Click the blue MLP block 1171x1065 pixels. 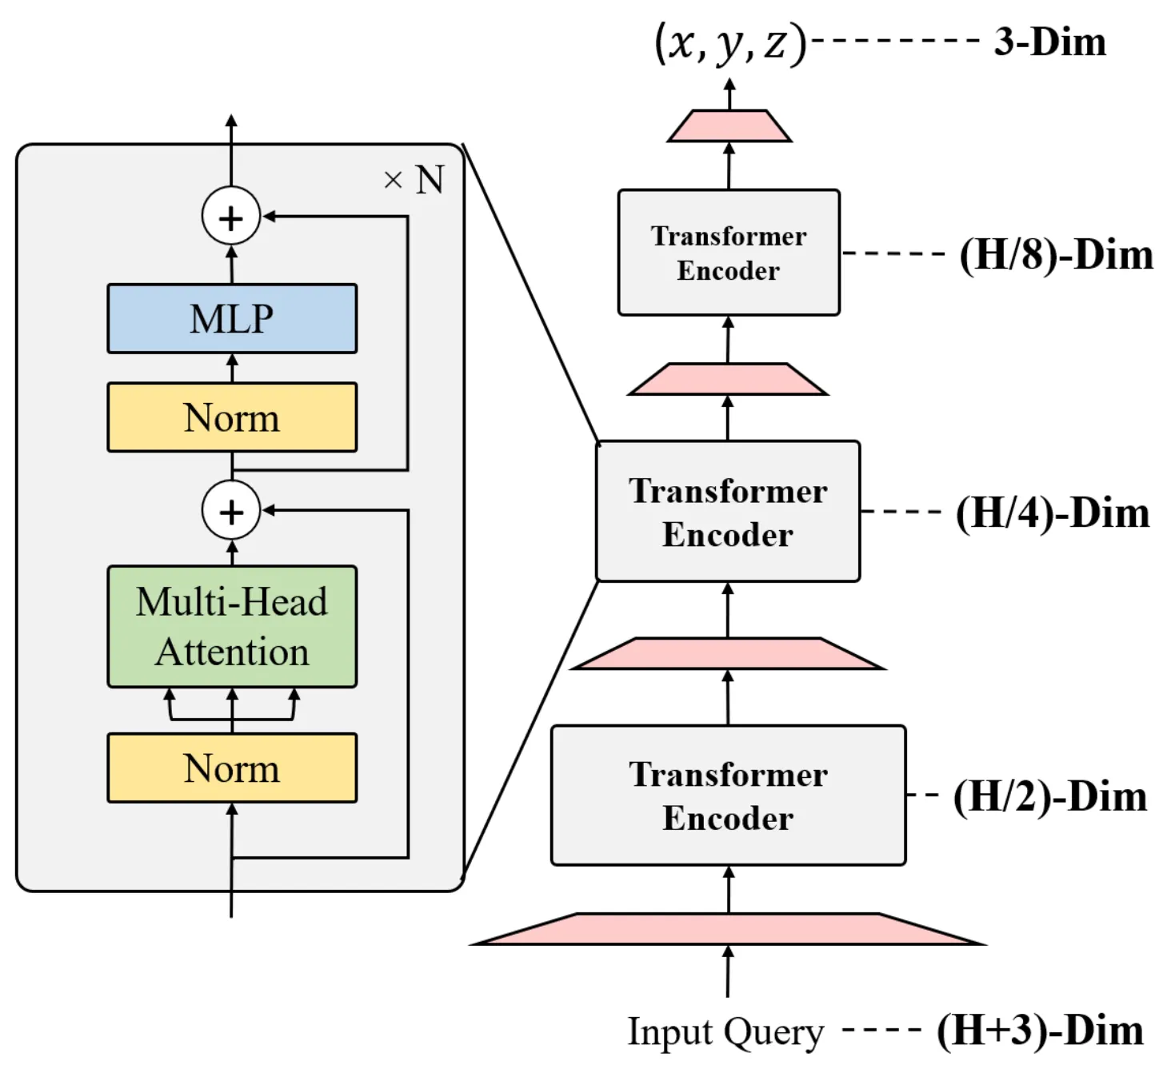pyautogui.click(x=232, y=318)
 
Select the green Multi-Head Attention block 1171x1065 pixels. pyautogui.click(x=232, y=627)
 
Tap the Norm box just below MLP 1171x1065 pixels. pyautogui.click(x=232, y=417)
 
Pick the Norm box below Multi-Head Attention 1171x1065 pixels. pyautogui.click(x=232, y=768)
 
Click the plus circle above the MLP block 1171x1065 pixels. pyautogui.click(x=231, y=217)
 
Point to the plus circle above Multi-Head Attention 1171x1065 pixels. pyautogui.click(x=231, y=511)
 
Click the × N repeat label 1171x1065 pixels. pyautogui.click(x=414, y=180)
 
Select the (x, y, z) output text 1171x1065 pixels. pyautogui.click(x=729, y=43)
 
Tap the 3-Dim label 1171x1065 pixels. pyautogui.click(x=1049, y=42)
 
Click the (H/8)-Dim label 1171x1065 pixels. pyautogui.click(x=1056, y=255)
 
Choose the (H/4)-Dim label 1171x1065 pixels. pyautogui.click(x=1053, y=513)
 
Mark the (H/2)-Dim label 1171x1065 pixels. pyautogui.click(x=1050, y=796)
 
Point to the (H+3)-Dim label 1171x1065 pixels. pyautogui.click(x=1040, y=1030)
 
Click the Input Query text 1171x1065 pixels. pyautogui.click(x=725, y=1031)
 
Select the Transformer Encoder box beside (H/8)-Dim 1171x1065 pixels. pyautogui.click(x=729, y=253)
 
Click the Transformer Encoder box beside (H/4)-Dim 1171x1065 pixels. pyautogui.click(x=728, y=512)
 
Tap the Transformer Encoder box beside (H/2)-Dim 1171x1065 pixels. pyautogui.click(x=728, y=796)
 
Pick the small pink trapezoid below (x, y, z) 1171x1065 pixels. pyautogui.click(x=729, y=126)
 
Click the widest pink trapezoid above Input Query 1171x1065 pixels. pyautogui.click(x=728, y=929)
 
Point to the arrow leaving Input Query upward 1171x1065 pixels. pyautogui.click(x=728, y=972)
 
